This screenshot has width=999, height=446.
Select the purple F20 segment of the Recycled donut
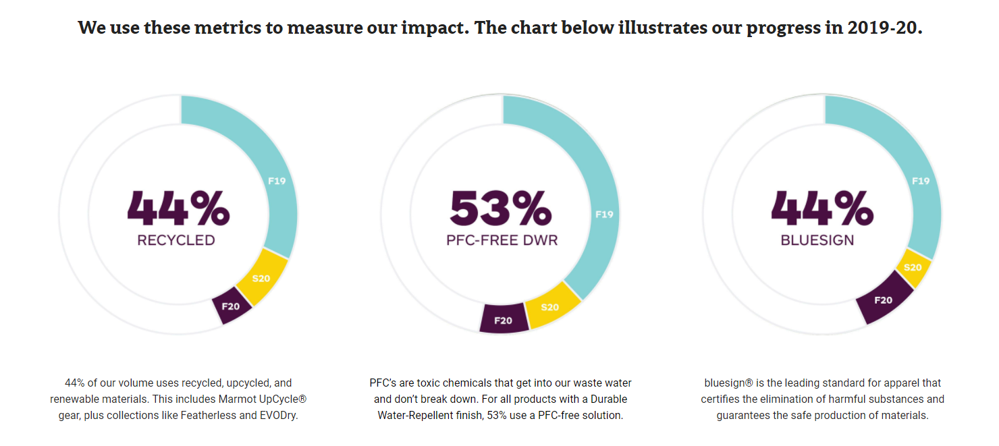point(232,307)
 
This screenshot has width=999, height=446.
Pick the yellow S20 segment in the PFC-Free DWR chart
point(551,308)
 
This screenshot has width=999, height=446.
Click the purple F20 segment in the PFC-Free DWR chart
point(504,319)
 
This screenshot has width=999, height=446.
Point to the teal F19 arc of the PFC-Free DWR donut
point(603,215)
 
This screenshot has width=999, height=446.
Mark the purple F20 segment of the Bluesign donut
point(884,299)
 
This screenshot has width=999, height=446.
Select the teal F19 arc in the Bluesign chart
point(920,181)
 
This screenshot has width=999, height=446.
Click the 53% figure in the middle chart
point(500,208)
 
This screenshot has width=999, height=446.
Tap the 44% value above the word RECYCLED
point(178,208)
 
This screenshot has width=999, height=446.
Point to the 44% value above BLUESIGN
point(822,208)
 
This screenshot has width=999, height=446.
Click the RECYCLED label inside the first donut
point(176,240)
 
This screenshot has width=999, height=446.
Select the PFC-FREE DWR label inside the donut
point(502,240)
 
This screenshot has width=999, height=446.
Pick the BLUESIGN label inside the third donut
point(817,240)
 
